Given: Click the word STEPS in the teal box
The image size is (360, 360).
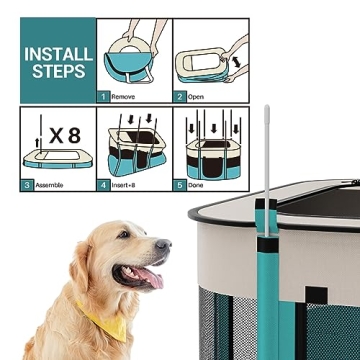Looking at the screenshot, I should (x=58, y=72).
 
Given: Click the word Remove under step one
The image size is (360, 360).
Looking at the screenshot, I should (x=125, y=97).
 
